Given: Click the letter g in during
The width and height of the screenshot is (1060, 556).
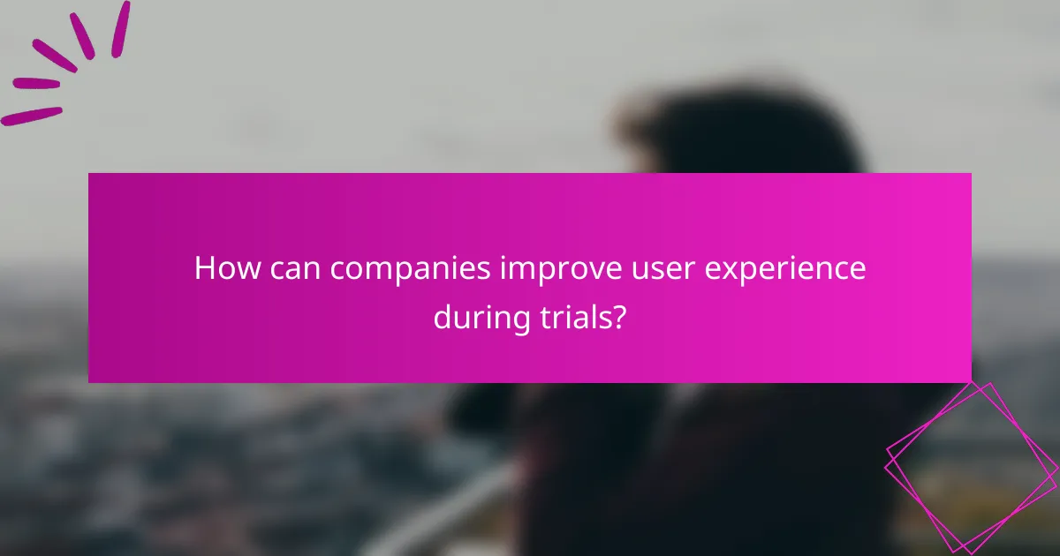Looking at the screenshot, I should (518, 319).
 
